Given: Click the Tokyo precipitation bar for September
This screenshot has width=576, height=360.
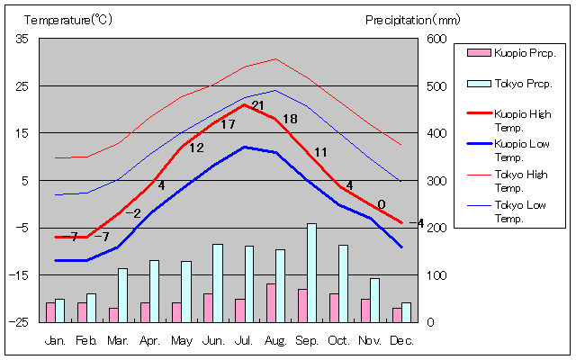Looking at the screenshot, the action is pyautogui.click(x=311, y=273).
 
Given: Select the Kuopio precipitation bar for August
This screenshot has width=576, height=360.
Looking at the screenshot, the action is pyautogui.click(x=271, y=303).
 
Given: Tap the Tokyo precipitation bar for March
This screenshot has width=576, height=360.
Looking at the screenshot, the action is pyautogui.click(x=122, y=295).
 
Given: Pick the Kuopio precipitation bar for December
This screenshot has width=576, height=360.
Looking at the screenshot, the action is pyautogui.click(x=397, y=315).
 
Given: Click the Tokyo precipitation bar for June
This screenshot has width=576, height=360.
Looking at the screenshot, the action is pyautogui.click(x=218, y=283).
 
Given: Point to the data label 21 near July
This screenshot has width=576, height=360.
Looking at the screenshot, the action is pyautogui.click(x=258, y=106).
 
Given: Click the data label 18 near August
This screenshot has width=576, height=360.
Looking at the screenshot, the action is pyautogui.click(x=290, y=119).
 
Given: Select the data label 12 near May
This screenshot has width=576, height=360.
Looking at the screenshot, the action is pyautogui.click(x=196, y=148).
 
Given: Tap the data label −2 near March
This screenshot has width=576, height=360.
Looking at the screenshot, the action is pyautogui.click(x=133, y=213).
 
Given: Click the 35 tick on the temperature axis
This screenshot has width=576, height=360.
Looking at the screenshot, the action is pyautogui.click(x=22, y=39).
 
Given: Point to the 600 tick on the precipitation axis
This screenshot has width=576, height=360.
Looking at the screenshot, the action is pyautogui.click(x=436, y=39).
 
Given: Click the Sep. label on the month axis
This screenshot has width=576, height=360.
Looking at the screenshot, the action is pyautogui.click(x=307, y=341).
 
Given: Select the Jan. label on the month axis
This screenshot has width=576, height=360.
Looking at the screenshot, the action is pyautogui.click(x=55, y=341).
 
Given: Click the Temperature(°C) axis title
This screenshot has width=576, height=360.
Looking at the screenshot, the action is pyautogui.click(x=68, y=20).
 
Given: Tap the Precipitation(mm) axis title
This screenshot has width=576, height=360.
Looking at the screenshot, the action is pyautogui.click(x=412, y=20).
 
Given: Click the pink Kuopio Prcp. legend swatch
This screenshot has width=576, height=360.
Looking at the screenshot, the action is pyautogui.click(x=479, y=53).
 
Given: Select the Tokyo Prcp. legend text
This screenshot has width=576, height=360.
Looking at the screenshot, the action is pyautogui.click(x=523, y=84).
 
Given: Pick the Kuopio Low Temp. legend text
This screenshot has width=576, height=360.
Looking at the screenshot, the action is pyautogui.click(x=522, y=150).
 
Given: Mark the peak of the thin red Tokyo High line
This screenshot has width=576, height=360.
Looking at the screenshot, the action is pyautogui.click(x=275, y=58).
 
